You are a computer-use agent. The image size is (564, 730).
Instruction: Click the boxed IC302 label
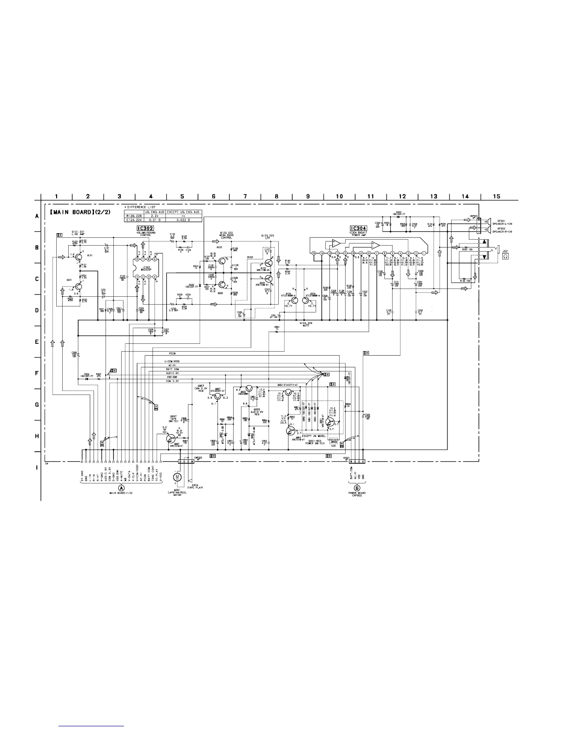point(145,228)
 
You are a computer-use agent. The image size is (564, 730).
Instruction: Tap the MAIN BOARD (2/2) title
point(81,212)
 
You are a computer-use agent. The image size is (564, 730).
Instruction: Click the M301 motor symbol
point(177,477)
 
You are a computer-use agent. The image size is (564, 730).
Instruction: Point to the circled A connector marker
point(122,487)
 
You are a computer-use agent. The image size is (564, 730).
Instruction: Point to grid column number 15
point(496,196)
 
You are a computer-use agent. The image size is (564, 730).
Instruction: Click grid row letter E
point(37,342)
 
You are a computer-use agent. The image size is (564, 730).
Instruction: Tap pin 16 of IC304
point(313,253)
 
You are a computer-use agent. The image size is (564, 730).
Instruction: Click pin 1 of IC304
point(423,253)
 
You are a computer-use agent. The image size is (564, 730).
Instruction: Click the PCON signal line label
point(173,353)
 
